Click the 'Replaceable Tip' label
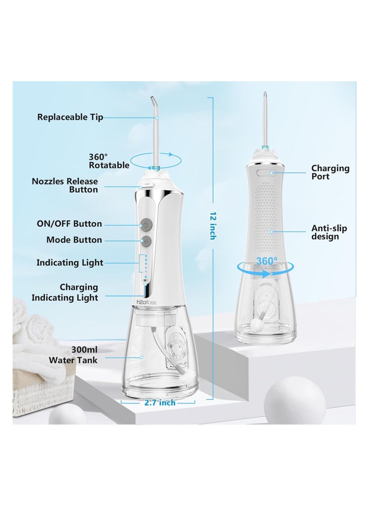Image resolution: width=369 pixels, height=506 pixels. [70, 117]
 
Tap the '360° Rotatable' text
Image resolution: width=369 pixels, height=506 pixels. [109, 160]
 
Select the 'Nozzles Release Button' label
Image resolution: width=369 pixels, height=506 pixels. [65, 185]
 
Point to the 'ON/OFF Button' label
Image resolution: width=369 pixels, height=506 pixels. [69, 224]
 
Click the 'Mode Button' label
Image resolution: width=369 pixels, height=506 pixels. [74, 240]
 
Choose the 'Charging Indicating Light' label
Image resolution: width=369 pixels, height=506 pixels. [65, 292]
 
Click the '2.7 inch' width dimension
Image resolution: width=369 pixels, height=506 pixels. [160, 403]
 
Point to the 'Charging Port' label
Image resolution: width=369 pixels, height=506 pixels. [330, 172]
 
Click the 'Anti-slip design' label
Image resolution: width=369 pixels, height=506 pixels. [329, 232]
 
